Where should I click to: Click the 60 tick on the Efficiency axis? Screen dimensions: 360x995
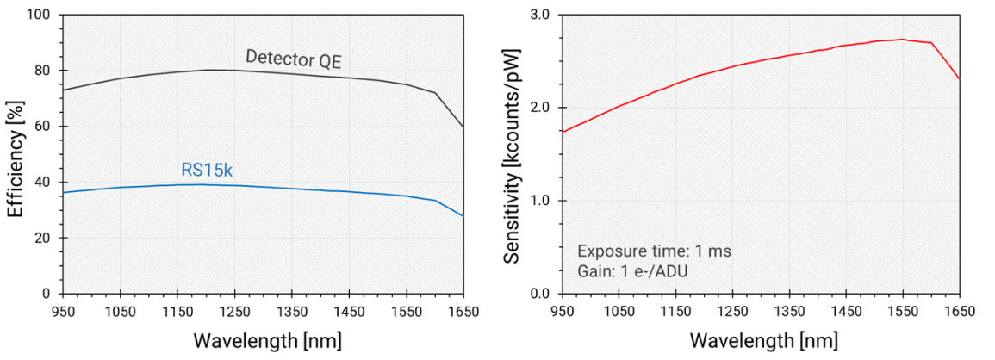click(x=43, y=127)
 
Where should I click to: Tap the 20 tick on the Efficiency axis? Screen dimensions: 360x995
click(x=43, y=238)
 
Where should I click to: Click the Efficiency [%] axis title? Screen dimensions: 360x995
click(x=15, y=154)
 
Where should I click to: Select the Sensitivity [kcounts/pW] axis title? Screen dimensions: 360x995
click(x=513, y=154)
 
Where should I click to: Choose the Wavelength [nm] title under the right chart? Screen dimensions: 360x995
click(x=761, y=339)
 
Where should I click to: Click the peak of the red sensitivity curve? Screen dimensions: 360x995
click(x=901, y=39)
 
